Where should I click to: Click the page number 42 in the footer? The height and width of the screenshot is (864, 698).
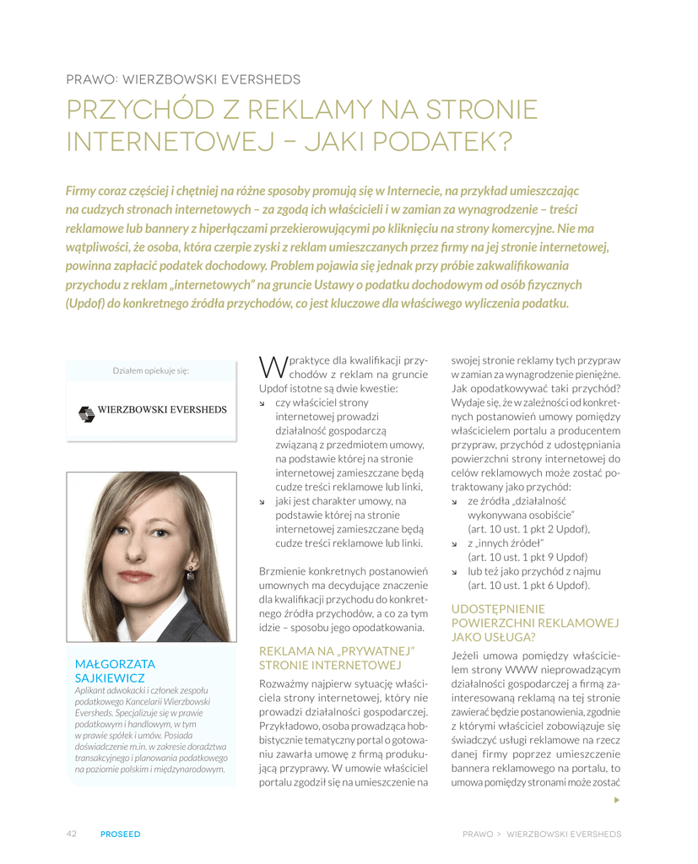[72, 834]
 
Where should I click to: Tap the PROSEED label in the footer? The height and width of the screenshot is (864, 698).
[120, 834]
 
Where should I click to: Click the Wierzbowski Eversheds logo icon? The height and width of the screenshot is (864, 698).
[86, 413]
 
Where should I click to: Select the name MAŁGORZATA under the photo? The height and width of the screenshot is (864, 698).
[115, 664]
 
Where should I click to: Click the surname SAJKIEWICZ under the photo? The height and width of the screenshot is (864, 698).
[111, 678]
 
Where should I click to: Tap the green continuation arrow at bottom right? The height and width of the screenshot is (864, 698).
[616, 799]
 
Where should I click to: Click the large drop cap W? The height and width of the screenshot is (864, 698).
[273, 366]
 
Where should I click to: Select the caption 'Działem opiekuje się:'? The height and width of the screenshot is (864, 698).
[151, 370]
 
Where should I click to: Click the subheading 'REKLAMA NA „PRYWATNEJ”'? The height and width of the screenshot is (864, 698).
[338, 651]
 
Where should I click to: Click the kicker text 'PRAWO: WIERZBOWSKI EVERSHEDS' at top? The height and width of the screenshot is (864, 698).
[183, 80]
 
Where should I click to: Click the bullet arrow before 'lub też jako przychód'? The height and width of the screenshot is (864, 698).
[457, 571]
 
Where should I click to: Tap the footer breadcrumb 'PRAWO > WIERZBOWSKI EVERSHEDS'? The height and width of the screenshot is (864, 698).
[541, 834]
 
